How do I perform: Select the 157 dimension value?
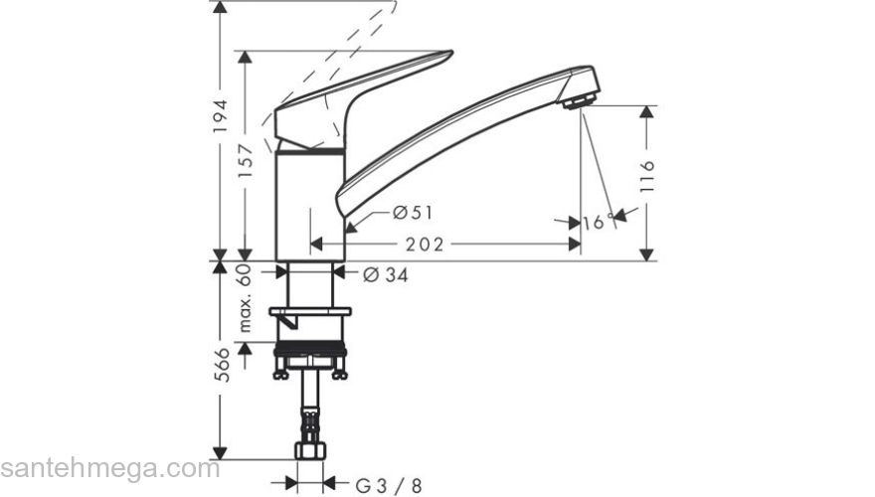[x=250, y=156]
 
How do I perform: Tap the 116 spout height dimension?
[x=647, y=175]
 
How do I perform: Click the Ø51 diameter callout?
[x=412, y=212]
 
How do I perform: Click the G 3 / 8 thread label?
[x=389, y=484]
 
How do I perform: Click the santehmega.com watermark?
[x=109, y=467]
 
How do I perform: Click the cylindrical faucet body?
[x=309, y=204]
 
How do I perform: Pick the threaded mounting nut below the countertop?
[x=309, y=355]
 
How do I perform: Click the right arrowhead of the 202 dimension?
[x=574, y=244]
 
